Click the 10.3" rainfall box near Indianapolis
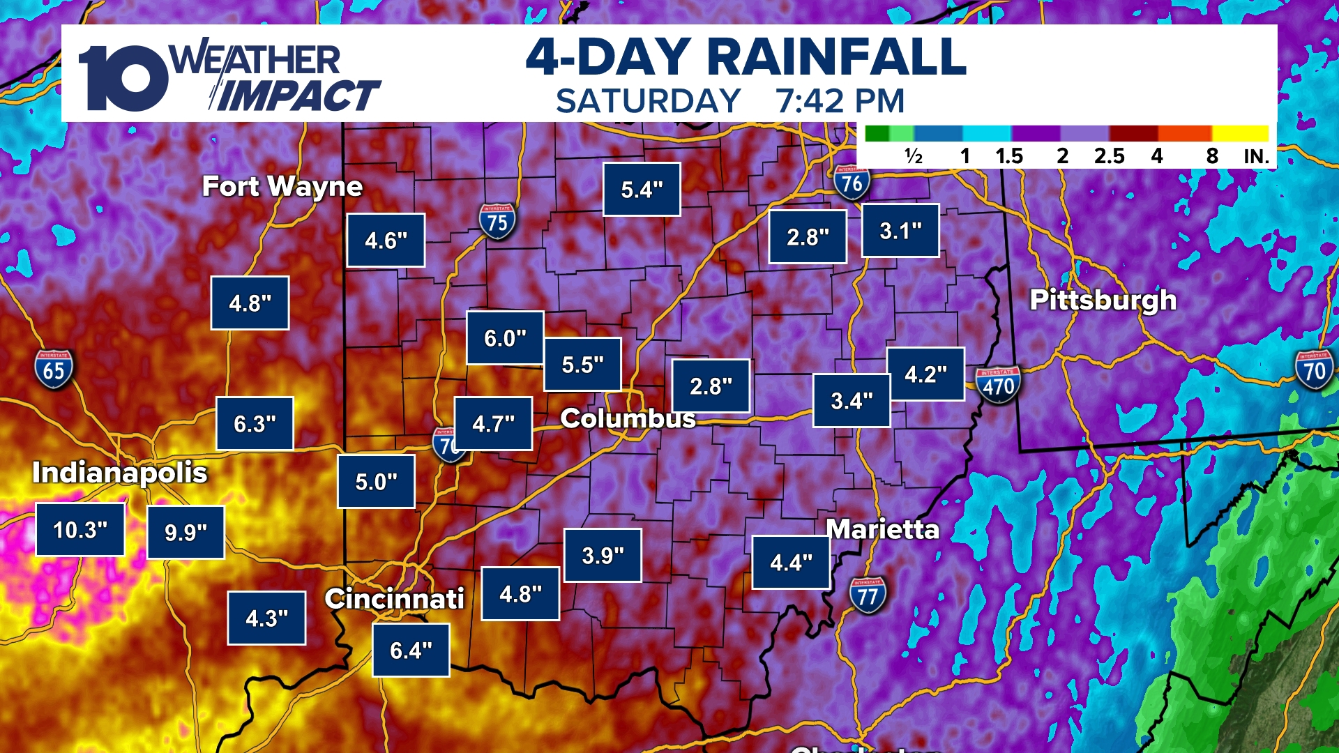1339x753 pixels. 80,530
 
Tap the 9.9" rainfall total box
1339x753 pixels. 186,533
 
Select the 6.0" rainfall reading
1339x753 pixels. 505,338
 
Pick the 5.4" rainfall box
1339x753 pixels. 642,190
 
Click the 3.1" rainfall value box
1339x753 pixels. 900,231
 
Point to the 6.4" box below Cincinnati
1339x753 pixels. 411,651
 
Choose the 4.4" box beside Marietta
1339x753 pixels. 791,563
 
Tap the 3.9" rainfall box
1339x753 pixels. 603,556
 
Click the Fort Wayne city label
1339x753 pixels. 282,186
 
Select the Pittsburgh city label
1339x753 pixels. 1103,300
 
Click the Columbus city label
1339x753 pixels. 628,418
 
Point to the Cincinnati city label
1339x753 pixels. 394,598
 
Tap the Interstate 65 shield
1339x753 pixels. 54,370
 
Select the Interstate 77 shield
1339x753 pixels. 868,595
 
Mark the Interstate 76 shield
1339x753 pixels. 852,183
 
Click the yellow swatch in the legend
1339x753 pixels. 1240,133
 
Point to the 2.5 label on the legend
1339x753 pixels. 1109,156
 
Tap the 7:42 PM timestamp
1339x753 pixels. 840,101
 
